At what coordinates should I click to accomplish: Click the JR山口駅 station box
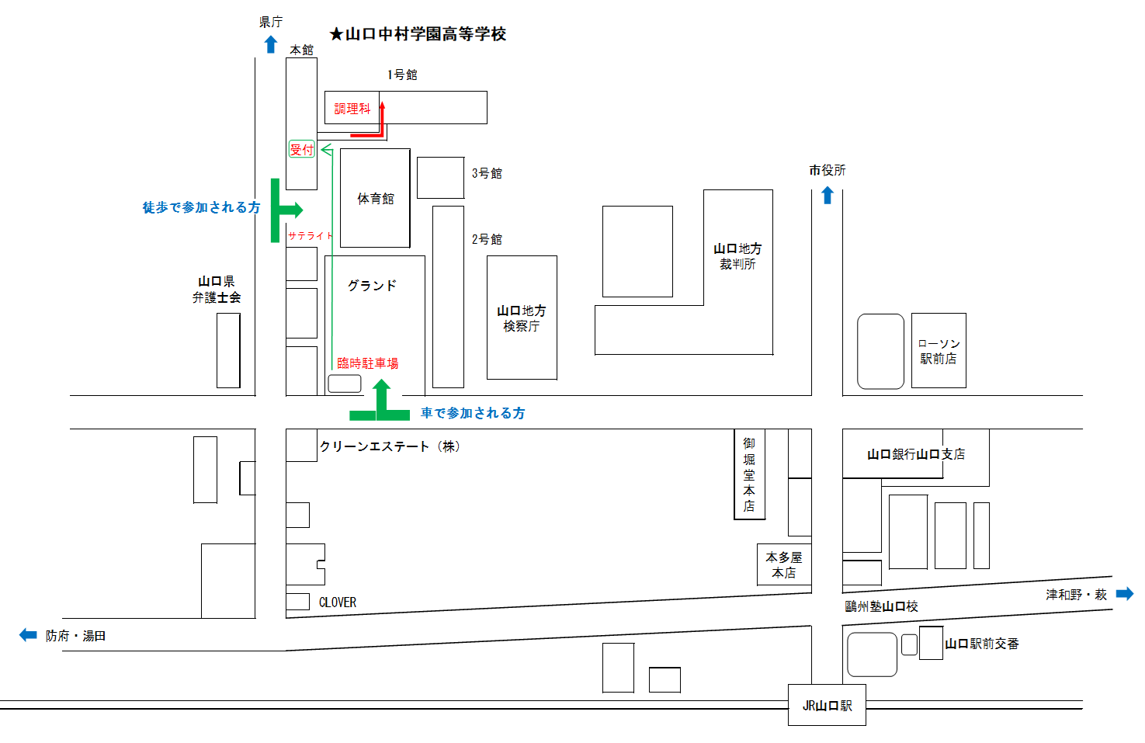pyautogui.click(x=827, y=705)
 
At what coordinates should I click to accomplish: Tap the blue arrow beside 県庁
pyautogui.click(x=270, y=45)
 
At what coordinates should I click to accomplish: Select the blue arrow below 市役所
pyautogui.click(x=828, y=196)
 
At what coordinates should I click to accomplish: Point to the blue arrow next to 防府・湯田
pyautogui.click(x=28, y=635)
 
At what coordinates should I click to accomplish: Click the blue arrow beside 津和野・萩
pyautogui.click(x=1125, y=594)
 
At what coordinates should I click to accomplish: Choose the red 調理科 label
pyautogui.click(x=352, y=109)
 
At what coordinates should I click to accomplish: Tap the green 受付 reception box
pyautogui.click(x=301, y=150)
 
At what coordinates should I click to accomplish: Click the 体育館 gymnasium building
pyautogui.click(x=375, y=199)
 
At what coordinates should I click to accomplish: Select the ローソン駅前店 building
pyautogui.click(x=939, y=351)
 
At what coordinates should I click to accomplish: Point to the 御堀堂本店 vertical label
pyautogui.click(x=749, y=474)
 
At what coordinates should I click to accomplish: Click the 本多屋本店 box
pyautogui.click(x=784, y=564)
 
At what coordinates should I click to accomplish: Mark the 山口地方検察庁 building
pyautogui.click(x=522, y=318)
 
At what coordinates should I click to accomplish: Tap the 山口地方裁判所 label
pyautogui.click(x=737, y=256)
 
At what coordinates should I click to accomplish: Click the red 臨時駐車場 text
pyautogui.click(x=367, y=363)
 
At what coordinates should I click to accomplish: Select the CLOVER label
pyautogui.click(x=338, y=602)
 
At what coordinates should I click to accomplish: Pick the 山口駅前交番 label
pyautogui.click(x=981, y=644)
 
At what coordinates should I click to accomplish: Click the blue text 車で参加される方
pyautogui.click(x=473, y=413)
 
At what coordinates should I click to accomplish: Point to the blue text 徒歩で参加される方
pyautogui.click(x=201, y=207)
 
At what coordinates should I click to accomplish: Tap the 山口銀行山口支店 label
pyautogui.click(x=916, y=454)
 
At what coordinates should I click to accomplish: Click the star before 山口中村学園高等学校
pyautogui.click(x=336, y=34)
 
